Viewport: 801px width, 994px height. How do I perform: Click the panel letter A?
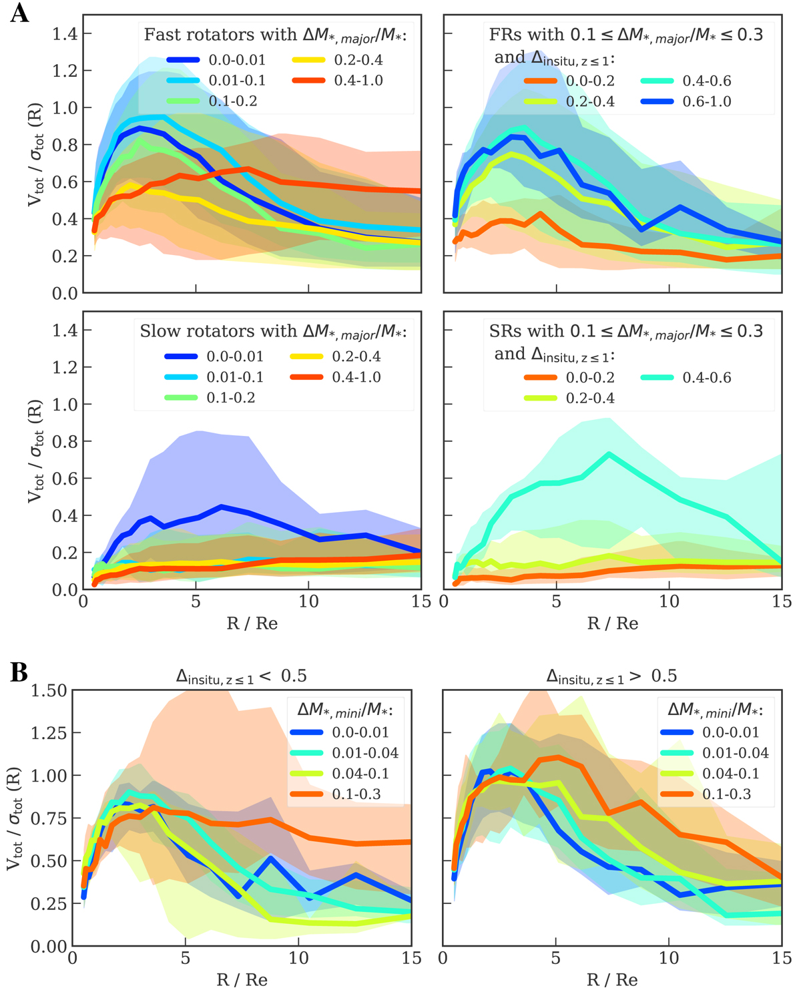[19, 13]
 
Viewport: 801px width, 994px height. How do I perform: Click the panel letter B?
[19, 672]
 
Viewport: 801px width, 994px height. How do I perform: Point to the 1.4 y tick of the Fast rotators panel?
[65, 34]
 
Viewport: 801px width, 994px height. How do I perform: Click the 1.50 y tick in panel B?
[49, 691]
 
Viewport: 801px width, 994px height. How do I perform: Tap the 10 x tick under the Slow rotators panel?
[308, 602]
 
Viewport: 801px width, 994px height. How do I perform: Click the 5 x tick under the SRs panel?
[556, 602]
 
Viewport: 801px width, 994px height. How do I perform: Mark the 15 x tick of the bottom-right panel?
[782, 959]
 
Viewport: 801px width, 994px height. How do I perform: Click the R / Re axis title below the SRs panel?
[613, 624]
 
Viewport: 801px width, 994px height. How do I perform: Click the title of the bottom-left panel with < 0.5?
[241, 676]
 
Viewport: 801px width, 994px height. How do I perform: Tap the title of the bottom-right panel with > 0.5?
[611, 676]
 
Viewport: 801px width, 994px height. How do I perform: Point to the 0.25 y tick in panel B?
[49, 903]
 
